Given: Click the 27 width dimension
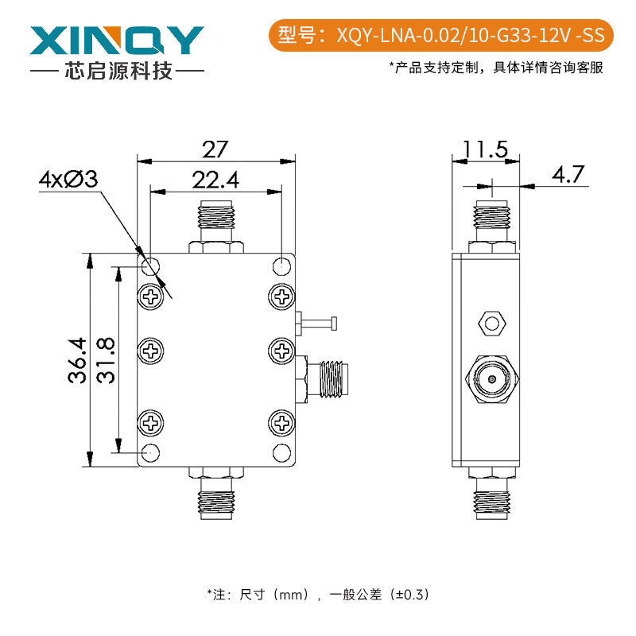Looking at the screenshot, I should pos(215,149).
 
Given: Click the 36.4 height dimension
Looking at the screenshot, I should pos(76,360).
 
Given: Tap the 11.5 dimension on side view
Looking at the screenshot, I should pos(485,149).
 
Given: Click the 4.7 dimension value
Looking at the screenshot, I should pos(568,174).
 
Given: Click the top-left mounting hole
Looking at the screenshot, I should pos(149,265).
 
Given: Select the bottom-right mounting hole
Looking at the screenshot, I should pos(282,453).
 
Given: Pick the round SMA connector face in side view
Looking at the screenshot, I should pos(492,379).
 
